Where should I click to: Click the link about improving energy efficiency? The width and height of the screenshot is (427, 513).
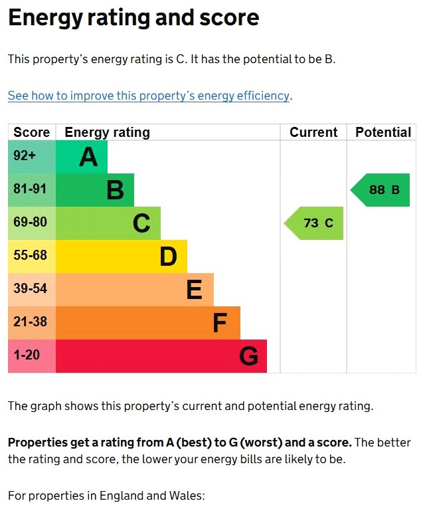[149, 96]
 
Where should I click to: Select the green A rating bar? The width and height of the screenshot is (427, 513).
[81, 157]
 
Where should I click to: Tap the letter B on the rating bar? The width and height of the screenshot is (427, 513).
[115, 191]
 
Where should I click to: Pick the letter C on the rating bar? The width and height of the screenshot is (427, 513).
[141, 224]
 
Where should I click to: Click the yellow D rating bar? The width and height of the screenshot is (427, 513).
[121, 256]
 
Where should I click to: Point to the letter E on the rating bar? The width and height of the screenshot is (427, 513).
[194, 290]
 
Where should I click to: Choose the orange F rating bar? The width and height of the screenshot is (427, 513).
[147, 323]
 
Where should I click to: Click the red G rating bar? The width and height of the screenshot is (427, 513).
[161, 356]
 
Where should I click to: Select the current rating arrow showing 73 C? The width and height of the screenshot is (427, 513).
[315, 223]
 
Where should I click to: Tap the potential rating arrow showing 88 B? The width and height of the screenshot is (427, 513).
[381, 190]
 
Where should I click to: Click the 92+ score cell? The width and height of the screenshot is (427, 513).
[32, 157]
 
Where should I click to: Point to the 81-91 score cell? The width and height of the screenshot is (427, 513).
[32, 190]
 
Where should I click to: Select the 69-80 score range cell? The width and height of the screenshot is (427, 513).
[32, 223]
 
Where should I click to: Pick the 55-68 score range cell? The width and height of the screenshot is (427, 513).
[32, 256]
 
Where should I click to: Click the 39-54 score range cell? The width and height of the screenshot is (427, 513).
[32, 290]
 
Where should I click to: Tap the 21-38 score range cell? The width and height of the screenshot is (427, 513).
[32, 323]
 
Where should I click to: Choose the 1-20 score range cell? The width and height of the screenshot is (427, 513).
[32, 356]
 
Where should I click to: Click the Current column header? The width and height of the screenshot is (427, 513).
[313, 132]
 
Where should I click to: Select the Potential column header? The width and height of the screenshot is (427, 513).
[383, 132]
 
